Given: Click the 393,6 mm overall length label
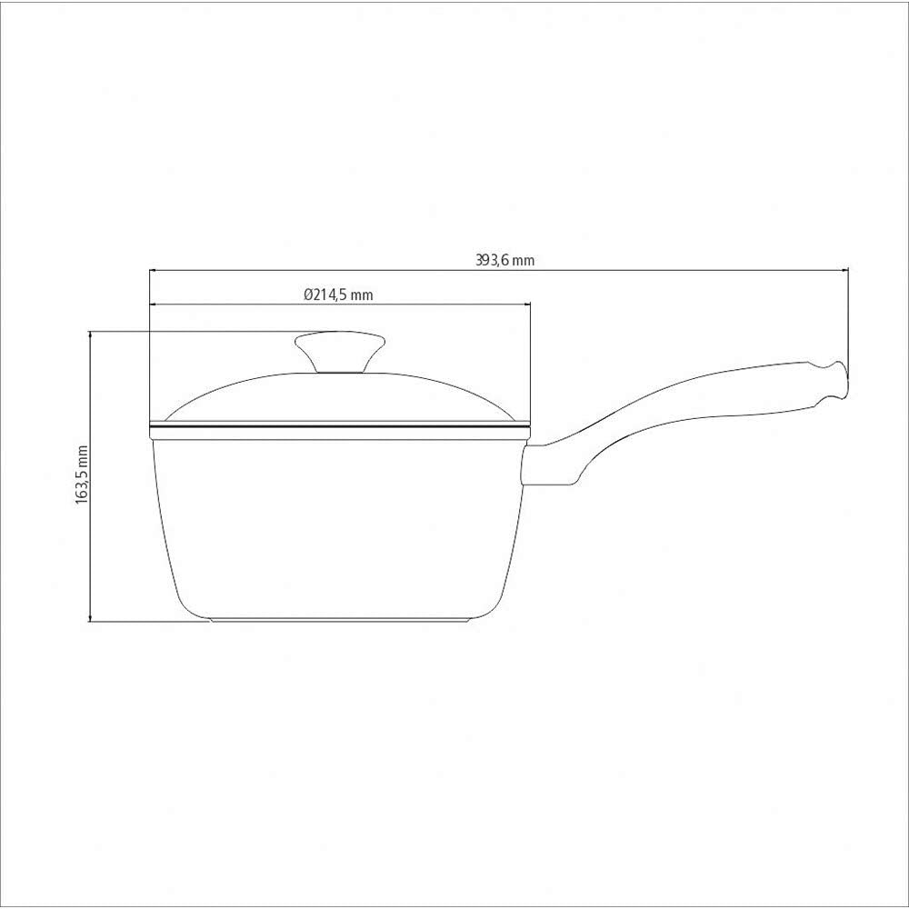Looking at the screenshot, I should click(x=504, y=259).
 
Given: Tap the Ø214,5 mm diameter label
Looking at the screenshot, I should click(x=338, y=295).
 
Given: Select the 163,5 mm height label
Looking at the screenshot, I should click(x=81, y=475).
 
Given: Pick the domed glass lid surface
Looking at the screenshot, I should click(x=273, y=395).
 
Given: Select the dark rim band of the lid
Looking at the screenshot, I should click(x=338, y=424).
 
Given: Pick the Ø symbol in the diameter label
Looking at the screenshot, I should click(x=307, y=295).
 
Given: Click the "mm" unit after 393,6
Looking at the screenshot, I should click(x=523, y=259).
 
